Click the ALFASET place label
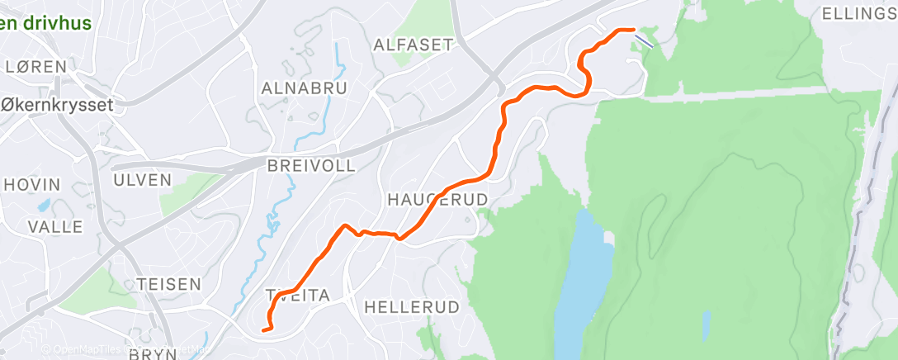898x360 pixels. point(414,45)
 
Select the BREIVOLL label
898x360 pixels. point(311,166)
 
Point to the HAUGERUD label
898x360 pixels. point(437,200)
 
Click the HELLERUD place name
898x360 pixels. point(411,307)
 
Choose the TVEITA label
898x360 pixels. point(297,296)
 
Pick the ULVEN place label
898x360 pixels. point(142,180)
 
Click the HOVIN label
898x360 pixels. point(32,185)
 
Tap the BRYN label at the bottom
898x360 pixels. point(154,353)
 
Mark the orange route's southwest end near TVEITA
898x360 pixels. point(263,330)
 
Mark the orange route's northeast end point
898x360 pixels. point(632,30)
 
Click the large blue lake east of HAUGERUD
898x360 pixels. point(583,281)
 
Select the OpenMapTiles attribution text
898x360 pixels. point(87,350)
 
